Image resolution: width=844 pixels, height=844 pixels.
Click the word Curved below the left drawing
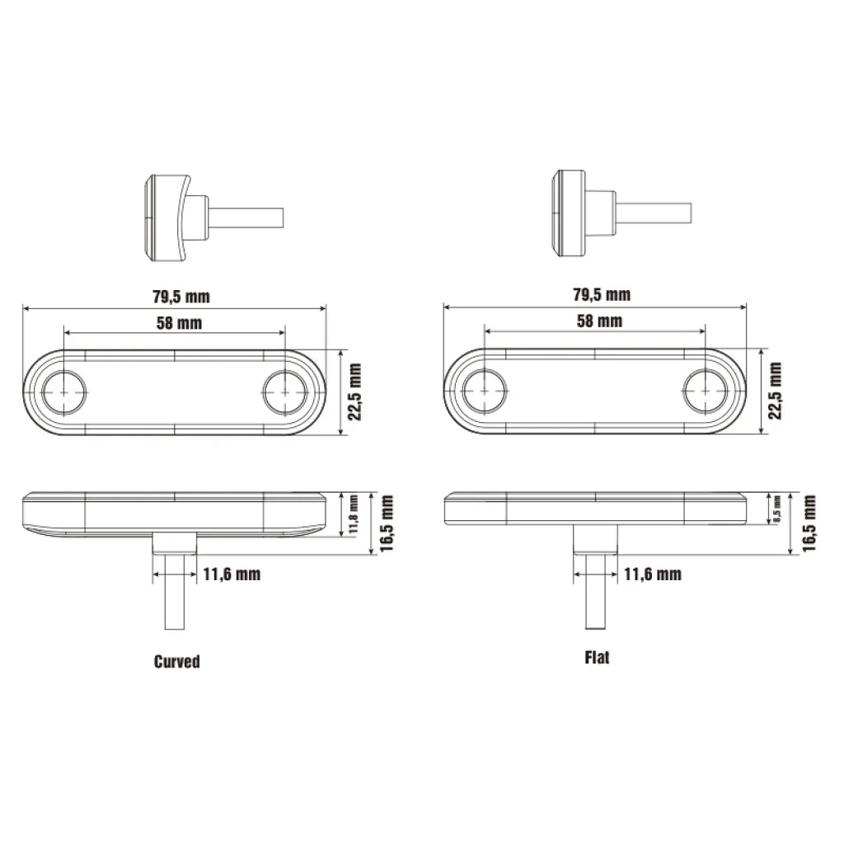pos(176,661)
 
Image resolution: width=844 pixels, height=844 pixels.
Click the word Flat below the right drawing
pos(597,658)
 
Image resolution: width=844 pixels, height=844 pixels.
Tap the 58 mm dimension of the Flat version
pos(599,321)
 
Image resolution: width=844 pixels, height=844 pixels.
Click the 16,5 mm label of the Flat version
pos(809,523)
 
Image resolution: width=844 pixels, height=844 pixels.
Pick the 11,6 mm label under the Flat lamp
pos(651,574)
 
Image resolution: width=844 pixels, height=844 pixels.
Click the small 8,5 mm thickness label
pos(776,509)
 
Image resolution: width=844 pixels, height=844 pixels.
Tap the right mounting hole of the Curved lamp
pos(284,392)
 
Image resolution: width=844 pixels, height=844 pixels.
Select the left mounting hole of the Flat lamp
pos(485,392)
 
